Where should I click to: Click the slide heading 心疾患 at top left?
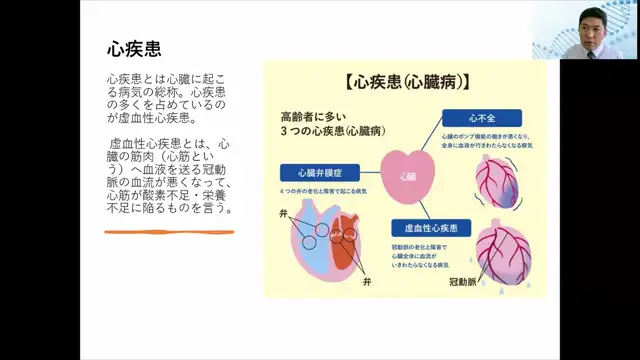click(x=134, y=48)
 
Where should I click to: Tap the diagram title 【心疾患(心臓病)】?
click(x=405, y=81)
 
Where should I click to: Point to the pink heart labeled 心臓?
click(x=407, y=175)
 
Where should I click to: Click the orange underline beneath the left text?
click(x=169, y=232)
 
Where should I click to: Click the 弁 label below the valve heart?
click(x=367, y=285)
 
